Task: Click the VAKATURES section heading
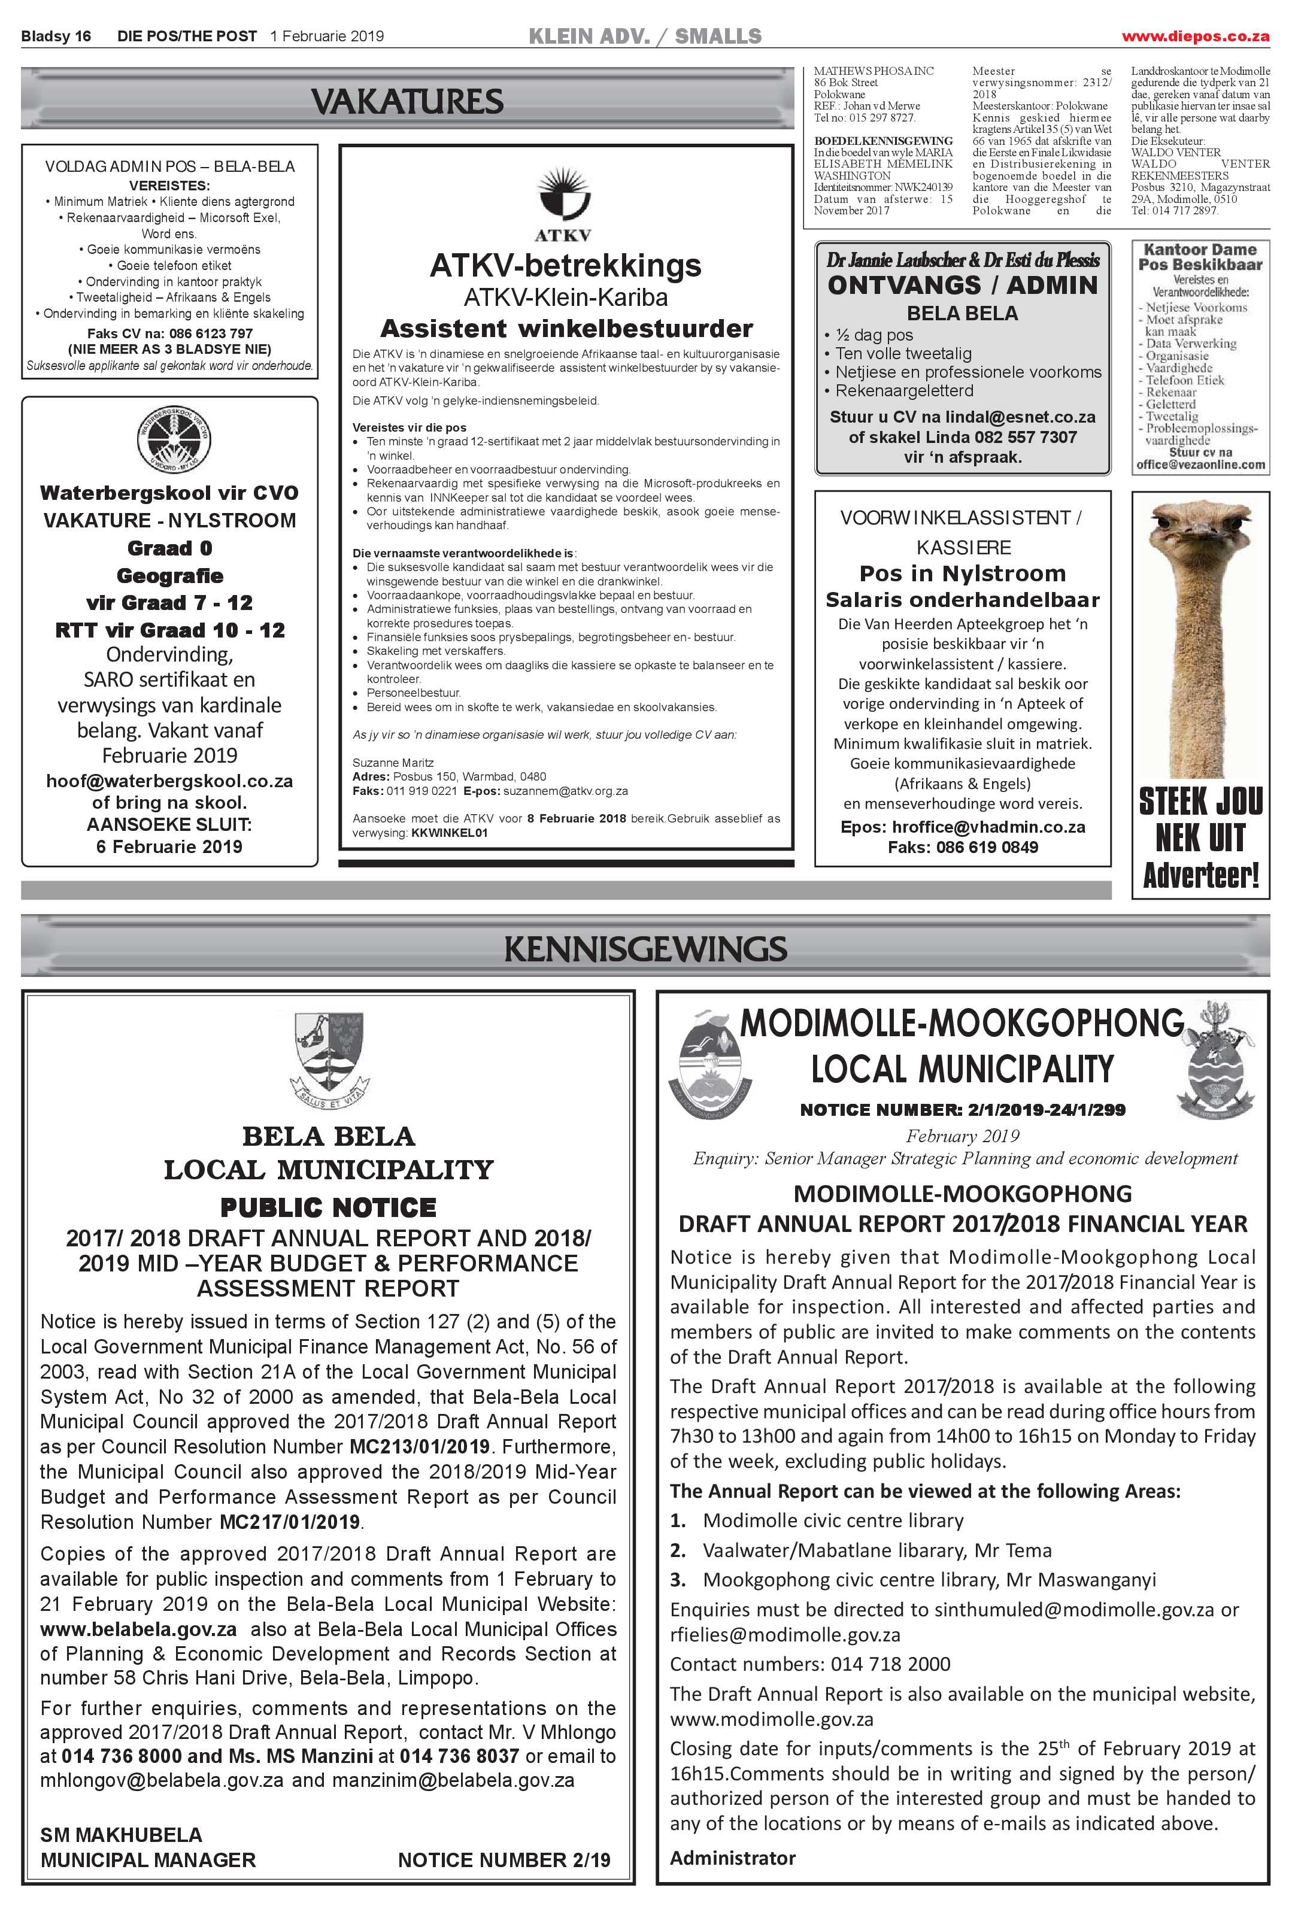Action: coord(407,102)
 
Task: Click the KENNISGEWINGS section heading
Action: coord(645,949)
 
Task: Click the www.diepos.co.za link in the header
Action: coord(1195,36)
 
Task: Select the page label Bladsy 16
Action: coord(56,36)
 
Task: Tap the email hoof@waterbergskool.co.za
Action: coord(169,781)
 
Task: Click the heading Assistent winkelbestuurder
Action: coord(566,329)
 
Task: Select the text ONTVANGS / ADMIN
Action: coord(962,285)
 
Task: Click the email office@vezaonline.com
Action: coord(1200,465)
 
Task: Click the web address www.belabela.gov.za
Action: coord(138,1629)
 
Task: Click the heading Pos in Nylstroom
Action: coord(962,573)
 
